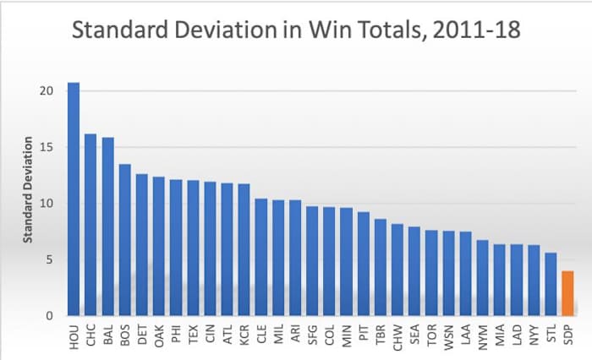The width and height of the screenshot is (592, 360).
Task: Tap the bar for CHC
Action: click(90, 225)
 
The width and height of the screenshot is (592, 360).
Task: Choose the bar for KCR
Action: click(244, 250)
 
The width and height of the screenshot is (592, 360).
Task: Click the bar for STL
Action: click(551, 284)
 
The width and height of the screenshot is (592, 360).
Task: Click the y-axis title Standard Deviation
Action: click(27, 189)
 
